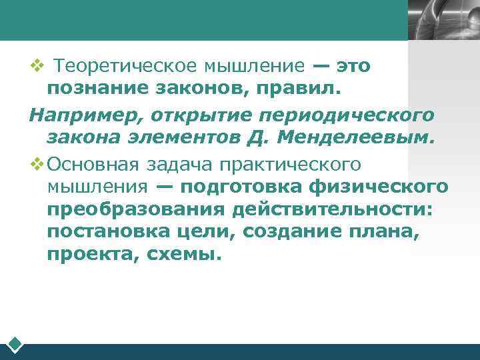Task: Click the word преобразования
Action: (x=137, y=210)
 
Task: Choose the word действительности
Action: (x=333, y=210)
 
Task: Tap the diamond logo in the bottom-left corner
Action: (x=15, y=345)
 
